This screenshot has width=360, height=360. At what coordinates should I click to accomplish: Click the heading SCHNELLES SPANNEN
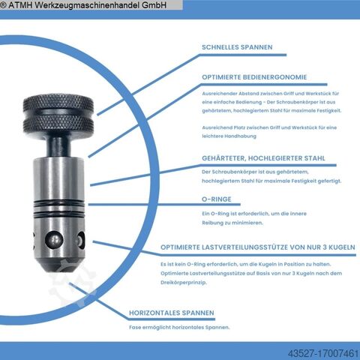pos(237,47)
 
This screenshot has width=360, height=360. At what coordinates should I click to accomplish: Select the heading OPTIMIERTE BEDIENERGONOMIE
pos(254,77)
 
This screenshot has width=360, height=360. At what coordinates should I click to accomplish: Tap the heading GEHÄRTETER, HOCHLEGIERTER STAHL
pos(263,158)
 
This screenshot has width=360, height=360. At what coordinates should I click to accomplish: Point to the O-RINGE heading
pos(217,199)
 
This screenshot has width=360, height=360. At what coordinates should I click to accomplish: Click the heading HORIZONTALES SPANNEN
pos(172,313)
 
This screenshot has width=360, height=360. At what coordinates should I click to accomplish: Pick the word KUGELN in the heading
pos(342,247)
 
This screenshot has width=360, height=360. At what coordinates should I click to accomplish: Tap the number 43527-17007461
pos(323,354)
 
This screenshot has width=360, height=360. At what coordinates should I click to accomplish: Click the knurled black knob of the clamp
pos(58,113)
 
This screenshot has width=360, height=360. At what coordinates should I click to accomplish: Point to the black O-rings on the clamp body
pos(59,207)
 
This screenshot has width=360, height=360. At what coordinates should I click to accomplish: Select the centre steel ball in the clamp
pos(54,239)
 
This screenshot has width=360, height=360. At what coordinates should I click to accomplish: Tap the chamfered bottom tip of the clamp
pos(60,265)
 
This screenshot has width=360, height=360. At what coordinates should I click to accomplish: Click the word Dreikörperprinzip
pos(184,283)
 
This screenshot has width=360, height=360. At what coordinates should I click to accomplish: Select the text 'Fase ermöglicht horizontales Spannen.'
pos(179,327)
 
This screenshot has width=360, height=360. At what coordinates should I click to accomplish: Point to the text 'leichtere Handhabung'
pos(229,136)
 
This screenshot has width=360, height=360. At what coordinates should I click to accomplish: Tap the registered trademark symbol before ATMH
pos(3,5)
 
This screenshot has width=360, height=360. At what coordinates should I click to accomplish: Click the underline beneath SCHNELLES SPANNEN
pos(243,55)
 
